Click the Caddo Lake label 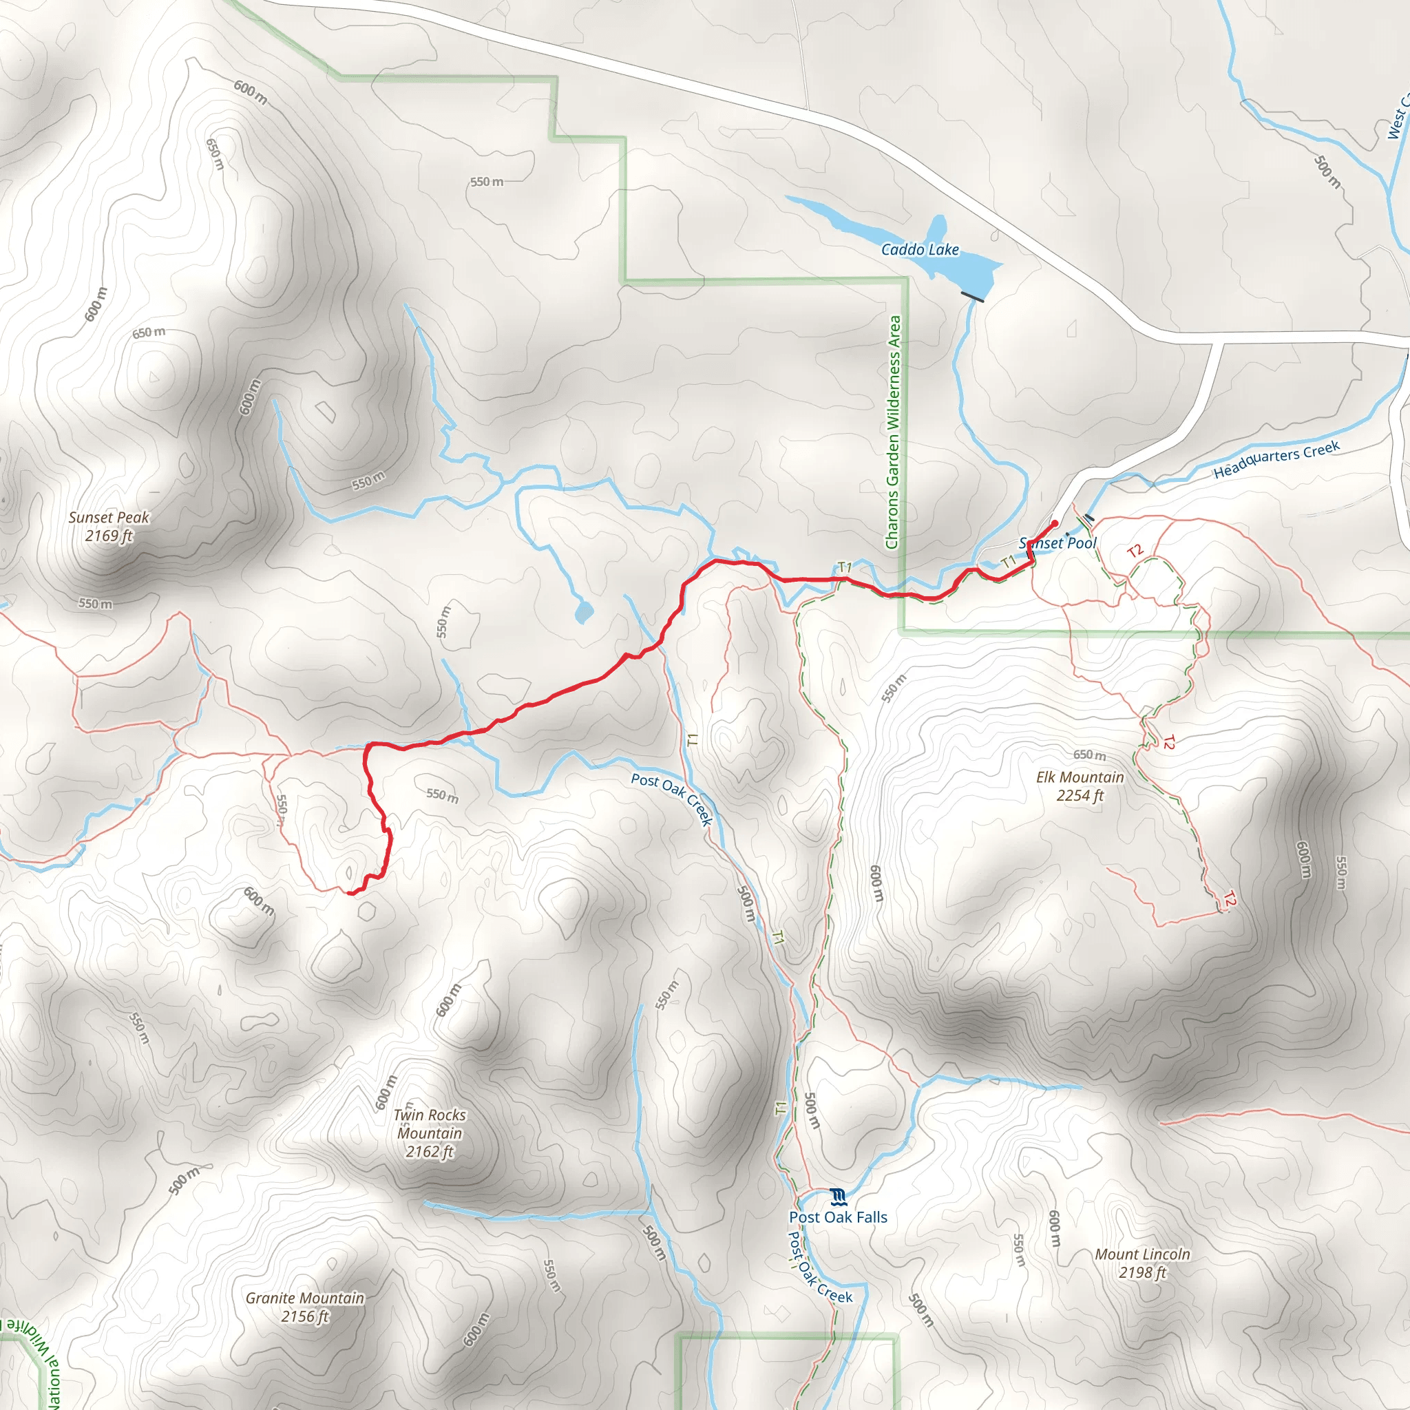coord(920,250)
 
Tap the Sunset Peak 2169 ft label coord(109,526)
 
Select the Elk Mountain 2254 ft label coord(1080,786)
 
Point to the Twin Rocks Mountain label coord(429,1133)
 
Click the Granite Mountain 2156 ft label coord(304,1306)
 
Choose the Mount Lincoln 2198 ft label coord(1142,1263)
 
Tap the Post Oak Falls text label coord(838,1217)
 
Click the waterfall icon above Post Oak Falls coord(838,1196)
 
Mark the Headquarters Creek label coord(1276,459)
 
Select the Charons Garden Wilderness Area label coord(892,432)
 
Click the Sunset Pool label coord(1057,543)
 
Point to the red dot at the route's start coord(1054,523)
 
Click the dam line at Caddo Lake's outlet coord(972,295)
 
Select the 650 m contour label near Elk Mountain coord(1089,755)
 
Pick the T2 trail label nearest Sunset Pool coord(1134,551)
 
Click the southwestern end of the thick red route coord(350,892)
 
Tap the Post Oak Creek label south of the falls coord(819,1267)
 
